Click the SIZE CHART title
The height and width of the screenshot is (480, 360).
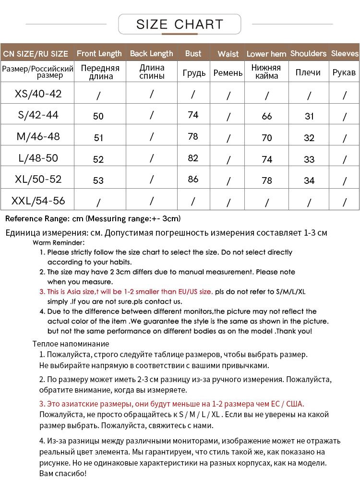tap(180, 24)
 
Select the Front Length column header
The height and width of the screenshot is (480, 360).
tap(99, 53)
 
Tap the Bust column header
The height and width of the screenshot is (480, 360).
tap(193, 53)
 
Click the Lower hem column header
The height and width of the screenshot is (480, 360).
tap(266, 54)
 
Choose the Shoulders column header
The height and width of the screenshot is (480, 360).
tap(308, 53)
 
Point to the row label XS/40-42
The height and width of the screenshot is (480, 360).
tap(38, 93)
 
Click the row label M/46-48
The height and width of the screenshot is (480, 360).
tap(38, 136)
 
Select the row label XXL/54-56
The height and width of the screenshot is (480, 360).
tap(38, 200)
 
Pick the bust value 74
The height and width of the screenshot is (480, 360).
tap(193, 115)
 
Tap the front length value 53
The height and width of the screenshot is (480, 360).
tap(98, 180)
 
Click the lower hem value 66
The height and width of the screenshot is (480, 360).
tap(267, 116)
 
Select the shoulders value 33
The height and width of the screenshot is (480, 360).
tap(309, 159)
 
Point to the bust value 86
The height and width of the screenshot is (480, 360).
tap(193, 180)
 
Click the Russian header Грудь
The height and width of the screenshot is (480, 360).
tap(194, 73)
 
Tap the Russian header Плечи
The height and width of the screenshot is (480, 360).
tap(308, 72)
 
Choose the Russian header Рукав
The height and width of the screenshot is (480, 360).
tap(344, 72)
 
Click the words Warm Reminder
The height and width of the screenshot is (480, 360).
tap(59, 243)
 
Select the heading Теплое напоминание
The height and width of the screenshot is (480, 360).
tap(71, 344)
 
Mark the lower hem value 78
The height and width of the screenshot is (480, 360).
tap(267, 181)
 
